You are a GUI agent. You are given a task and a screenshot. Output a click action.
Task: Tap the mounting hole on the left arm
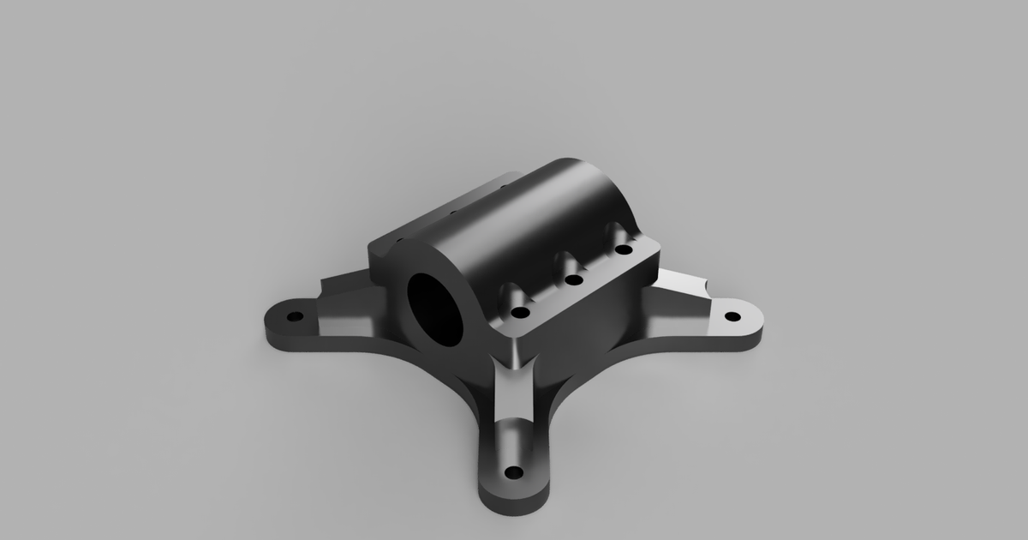click(295, 316)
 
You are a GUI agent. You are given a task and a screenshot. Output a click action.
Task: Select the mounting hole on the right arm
click(732, 316)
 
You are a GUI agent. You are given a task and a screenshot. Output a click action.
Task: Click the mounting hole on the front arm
click(514, 472)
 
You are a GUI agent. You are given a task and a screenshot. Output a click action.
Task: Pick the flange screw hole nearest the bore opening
click(519, 313)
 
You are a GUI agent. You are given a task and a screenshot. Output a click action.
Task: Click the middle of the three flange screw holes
click(574, 279)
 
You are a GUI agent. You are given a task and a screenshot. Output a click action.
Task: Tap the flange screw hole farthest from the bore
click(624, 250)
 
